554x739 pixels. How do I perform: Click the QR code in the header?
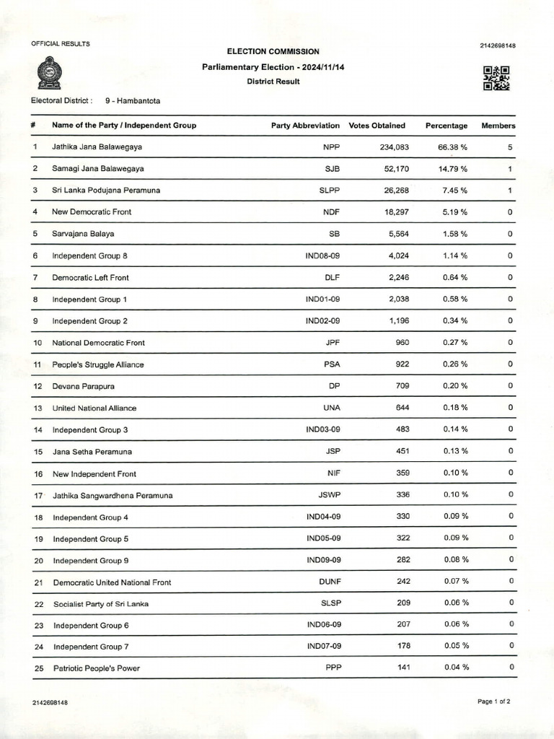pyautogui.click(x=496, y=78)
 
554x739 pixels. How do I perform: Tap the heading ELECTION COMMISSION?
pyautogui.click(x=273, y=52)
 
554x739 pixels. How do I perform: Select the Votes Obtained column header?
pyautogui.click(x=377, y=126)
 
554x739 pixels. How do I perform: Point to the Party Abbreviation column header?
pyautogui.click(x=305, y=126)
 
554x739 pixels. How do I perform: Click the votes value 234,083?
pyautogui.click(x=394, y=147)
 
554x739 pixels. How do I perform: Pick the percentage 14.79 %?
pyautogui.click(x=453, y=169)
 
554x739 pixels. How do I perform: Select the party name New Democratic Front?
pyautogui.click(x=92, y=212)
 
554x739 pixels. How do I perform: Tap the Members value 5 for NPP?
pyautogui.click(x=509, y=147)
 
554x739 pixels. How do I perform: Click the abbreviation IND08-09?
pyautogui.click(x=322, y=255)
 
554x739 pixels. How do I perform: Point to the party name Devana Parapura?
pyautogui.click(x=84, y=386)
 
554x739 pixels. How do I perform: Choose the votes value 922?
pyautogui.click(x=402, y=364)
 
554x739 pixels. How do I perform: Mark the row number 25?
pyautogui.click(x=39, y=668)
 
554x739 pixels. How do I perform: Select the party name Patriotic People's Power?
pyautogui.click(x=97, y=668)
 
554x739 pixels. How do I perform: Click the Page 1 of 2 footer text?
pyautogui.click(x=494, y=701)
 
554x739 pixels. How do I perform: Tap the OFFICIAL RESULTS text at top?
pyautogui.click(x=61, y=44)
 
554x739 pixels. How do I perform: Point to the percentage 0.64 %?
pyautogui.click(x=454, y=277)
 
